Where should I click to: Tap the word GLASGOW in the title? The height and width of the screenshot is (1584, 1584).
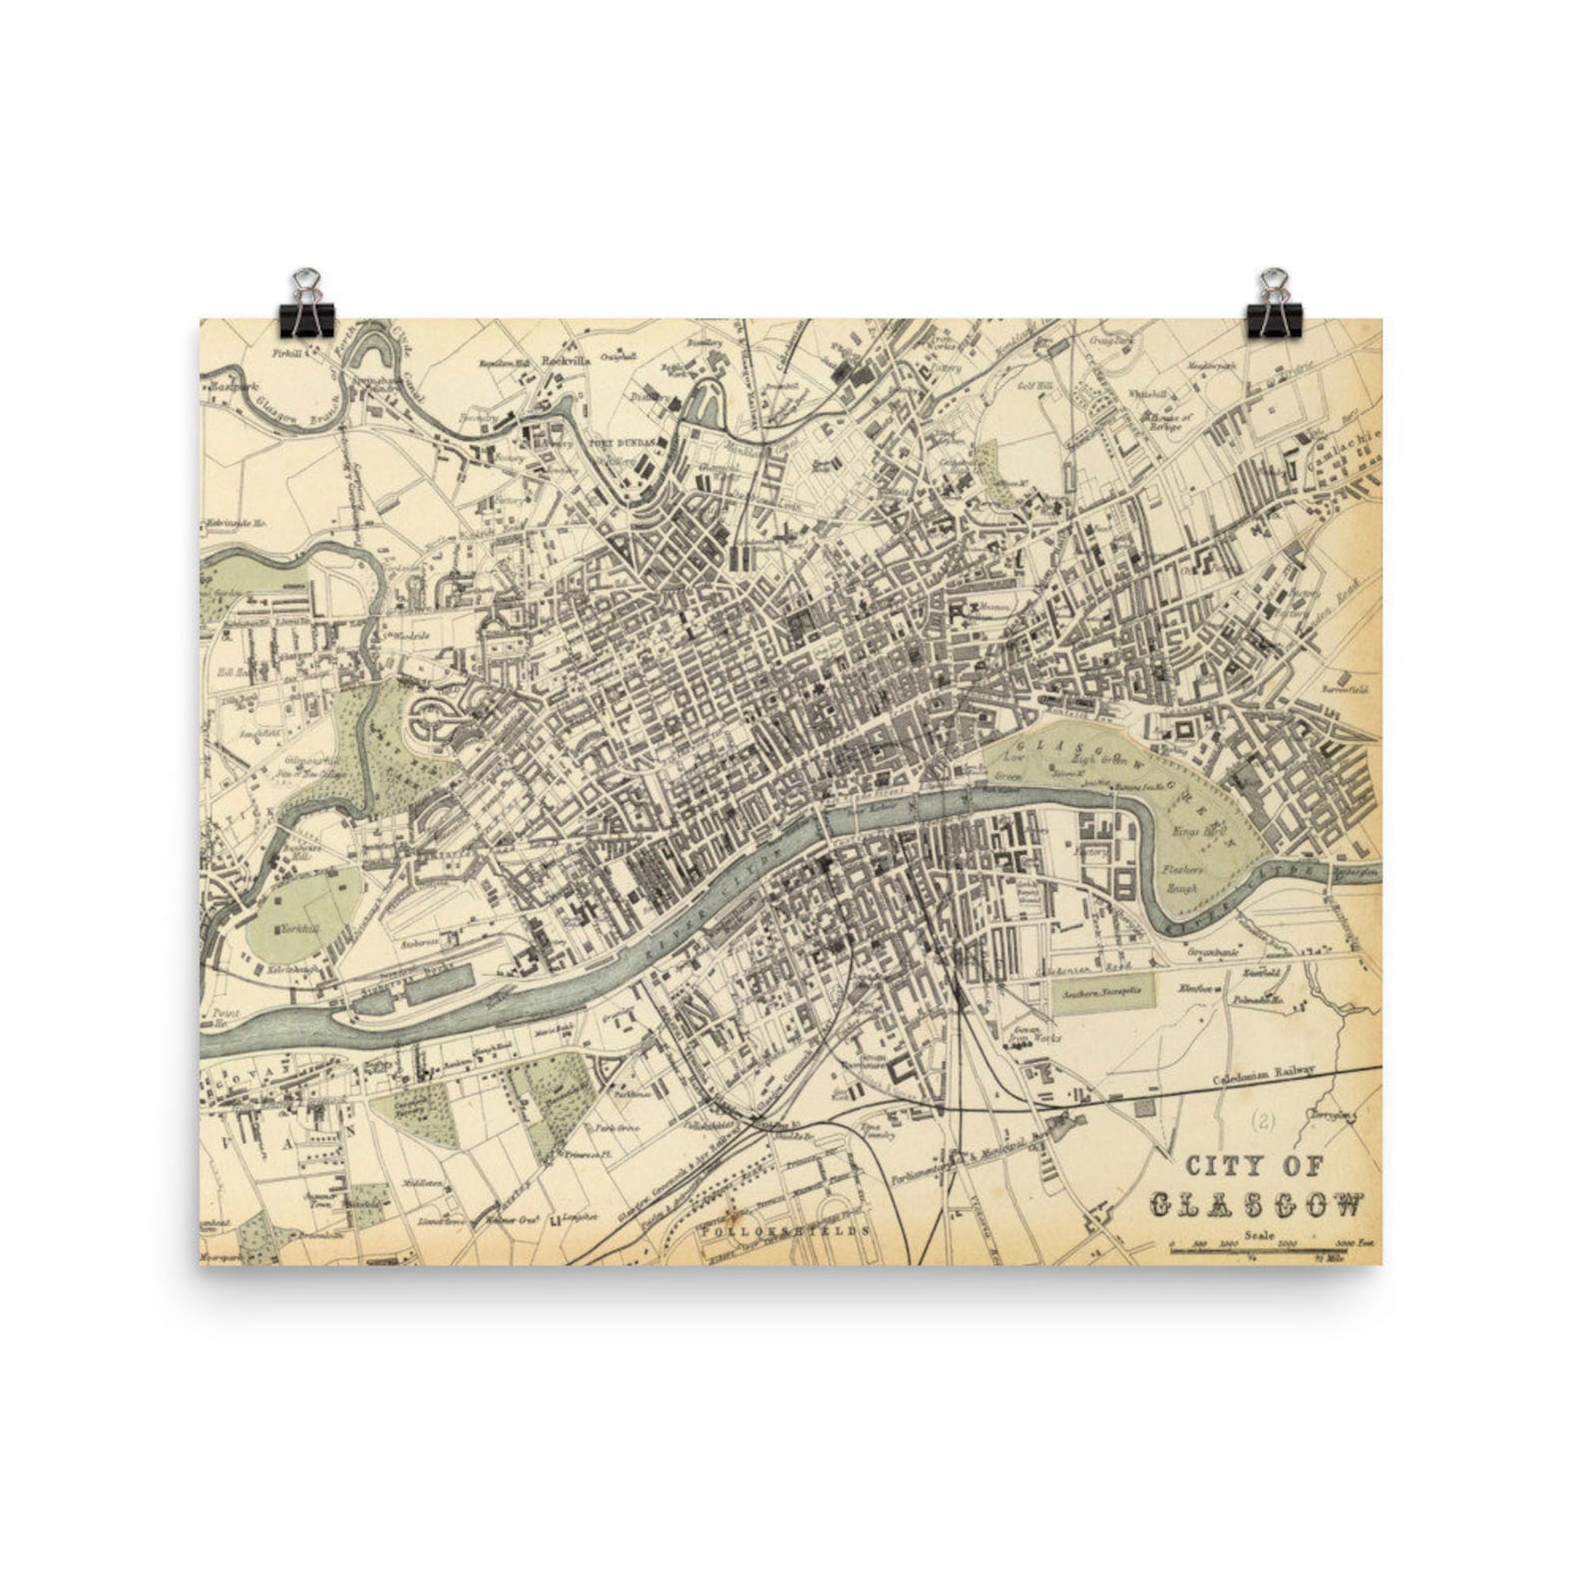click(x=1257, y=1205)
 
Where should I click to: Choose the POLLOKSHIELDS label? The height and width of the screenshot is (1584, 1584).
click(x=787, y=1231)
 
